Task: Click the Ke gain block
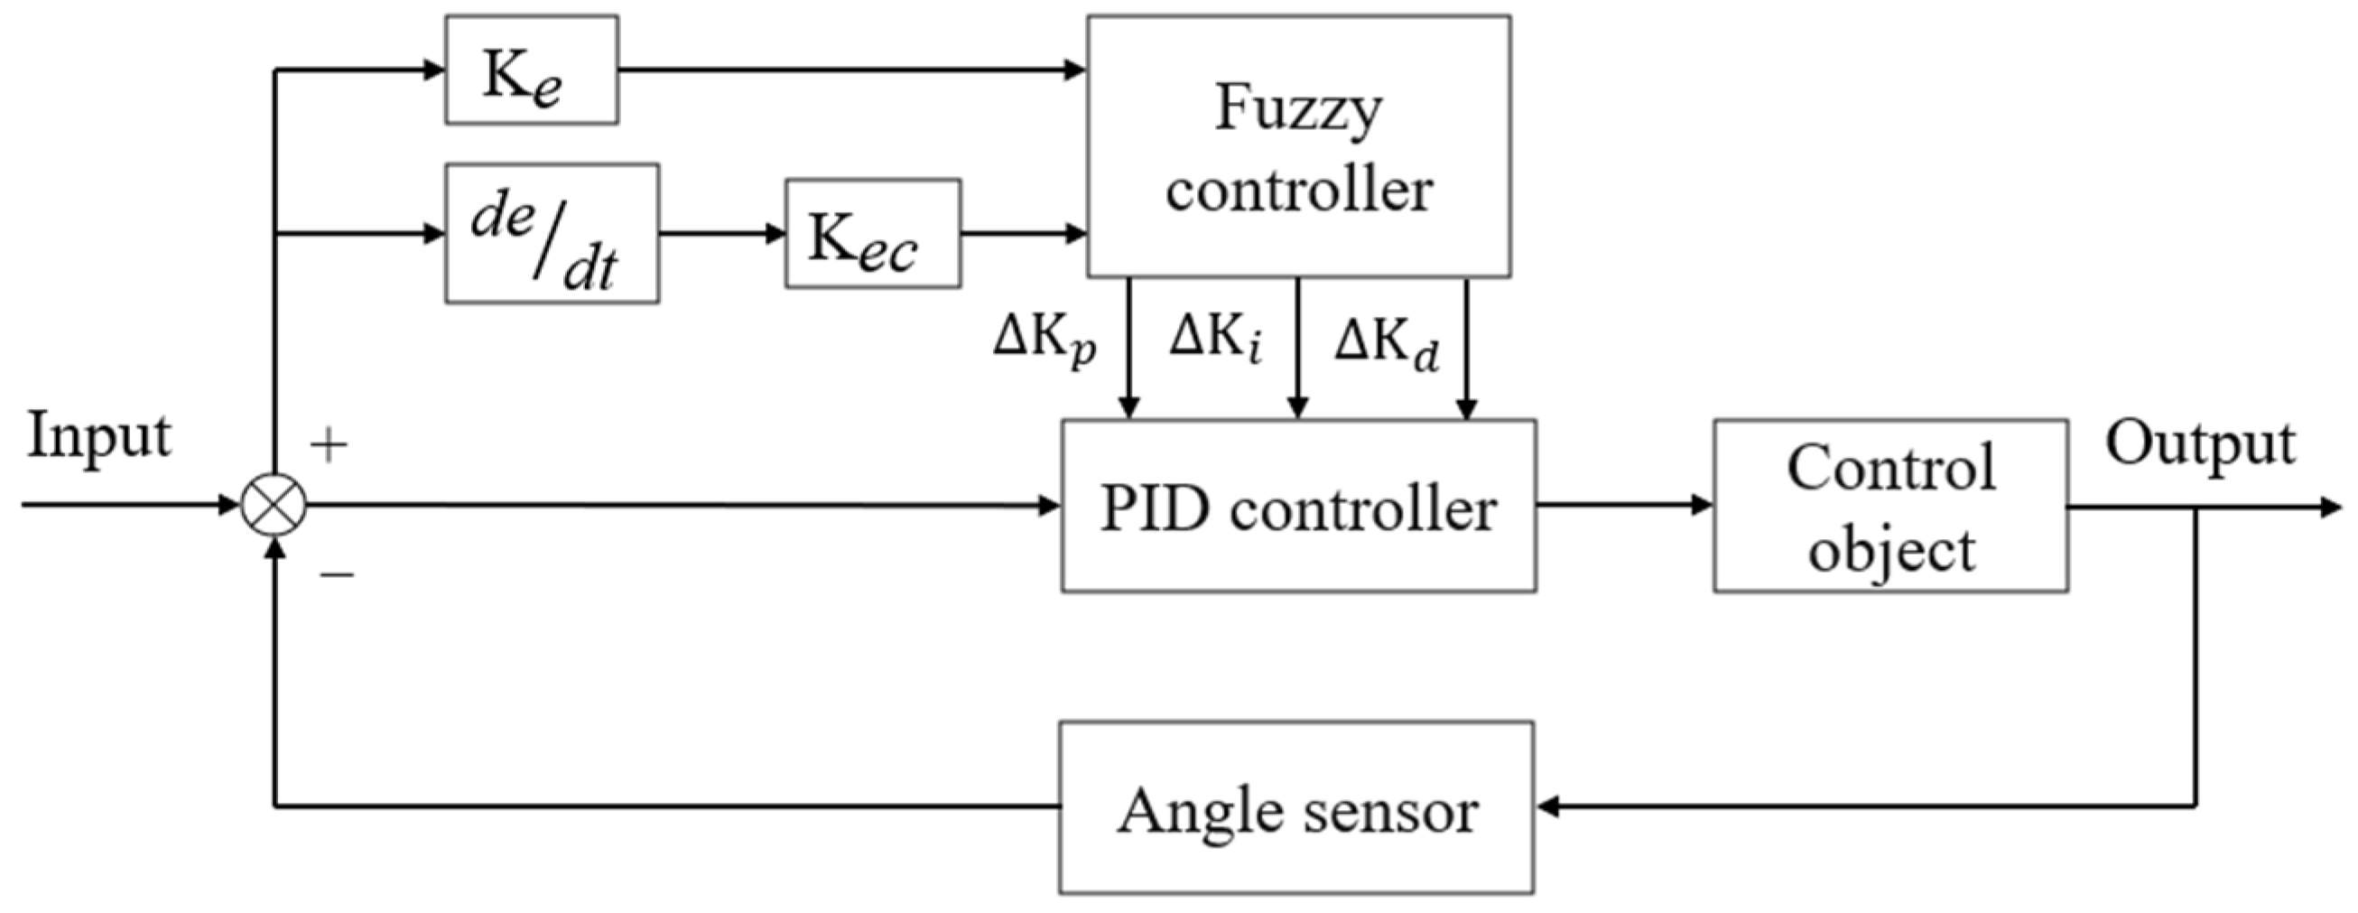[531, 70]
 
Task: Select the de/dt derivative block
[551, 234]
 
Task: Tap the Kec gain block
[872, 234]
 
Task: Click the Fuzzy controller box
[1298, 146]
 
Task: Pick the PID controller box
[1298, 507]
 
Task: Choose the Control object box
[1890, 507]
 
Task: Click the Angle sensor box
[1296, 807]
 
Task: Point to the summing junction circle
[274, 505]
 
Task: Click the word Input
[99, 436]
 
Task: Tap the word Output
[2201, 445]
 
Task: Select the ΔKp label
[1044, 341]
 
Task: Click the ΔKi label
[1216, 339]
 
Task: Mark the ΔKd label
[1385, 344]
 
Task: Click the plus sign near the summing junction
[329, 446]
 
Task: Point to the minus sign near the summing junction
[336, 575]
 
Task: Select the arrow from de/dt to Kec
[721, 234]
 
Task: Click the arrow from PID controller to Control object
[1624, 505]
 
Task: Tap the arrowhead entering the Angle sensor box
[1547, 807]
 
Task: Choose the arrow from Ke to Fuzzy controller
[851, 70]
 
